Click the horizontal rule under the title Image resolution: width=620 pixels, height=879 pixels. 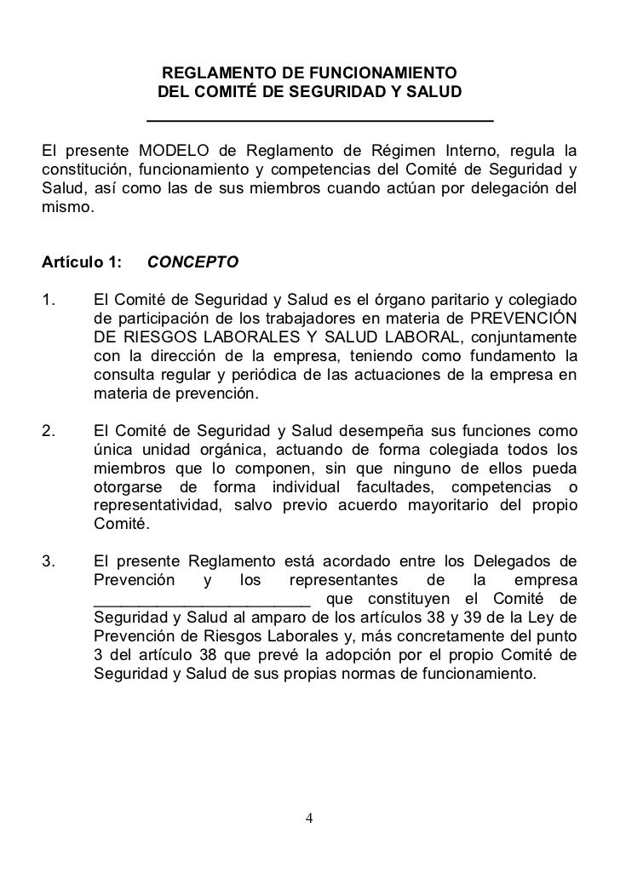[320, 118]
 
